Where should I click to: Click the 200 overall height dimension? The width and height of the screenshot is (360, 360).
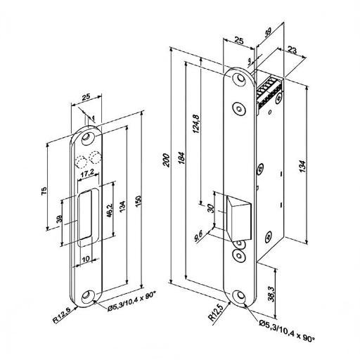click(167, 160)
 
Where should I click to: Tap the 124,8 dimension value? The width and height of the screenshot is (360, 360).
click(196, 124)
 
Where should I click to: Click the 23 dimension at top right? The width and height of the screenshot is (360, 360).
click(292, 50)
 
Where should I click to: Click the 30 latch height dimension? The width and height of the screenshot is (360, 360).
click(211, 208)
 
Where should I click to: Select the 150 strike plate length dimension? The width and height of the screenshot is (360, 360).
click(139, 201)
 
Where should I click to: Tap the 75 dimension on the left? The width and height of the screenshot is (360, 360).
click(44, 191)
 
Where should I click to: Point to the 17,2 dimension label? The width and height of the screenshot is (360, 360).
click(87, 174)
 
